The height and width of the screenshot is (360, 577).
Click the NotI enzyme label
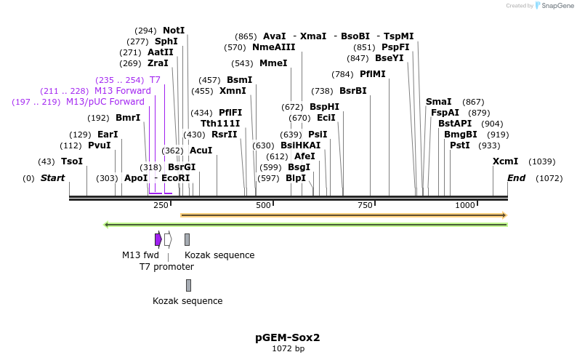point(174,31)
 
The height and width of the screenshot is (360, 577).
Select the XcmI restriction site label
point(505,161)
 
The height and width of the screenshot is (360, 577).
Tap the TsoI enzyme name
point(72,161)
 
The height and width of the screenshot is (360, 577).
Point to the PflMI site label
point(373,74)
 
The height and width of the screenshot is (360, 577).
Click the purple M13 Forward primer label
point(123,91)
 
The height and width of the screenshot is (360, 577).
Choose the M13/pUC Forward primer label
point(105,102)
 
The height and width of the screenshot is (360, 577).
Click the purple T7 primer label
point(155,80)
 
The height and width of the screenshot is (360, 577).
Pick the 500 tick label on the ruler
point(263,206)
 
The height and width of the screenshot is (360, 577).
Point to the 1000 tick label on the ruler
point(464,206)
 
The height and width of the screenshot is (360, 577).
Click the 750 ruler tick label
point(364,206)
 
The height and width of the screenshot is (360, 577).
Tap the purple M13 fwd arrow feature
point(158,239)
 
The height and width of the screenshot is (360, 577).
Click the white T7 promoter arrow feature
point(168,239)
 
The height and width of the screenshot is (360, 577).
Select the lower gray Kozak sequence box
point(188,285)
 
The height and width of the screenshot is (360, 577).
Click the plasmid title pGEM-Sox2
point(288,337)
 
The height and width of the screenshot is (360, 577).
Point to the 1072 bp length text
point(288,349)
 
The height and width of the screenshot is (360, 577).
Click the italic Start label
point(52,178)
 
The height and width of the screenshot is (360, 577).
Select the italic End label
point(516,178)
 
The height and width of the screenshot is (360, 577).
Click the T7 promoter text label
point(166,267)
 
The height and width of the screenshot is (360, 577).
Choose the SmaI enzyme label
point(438,102)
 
